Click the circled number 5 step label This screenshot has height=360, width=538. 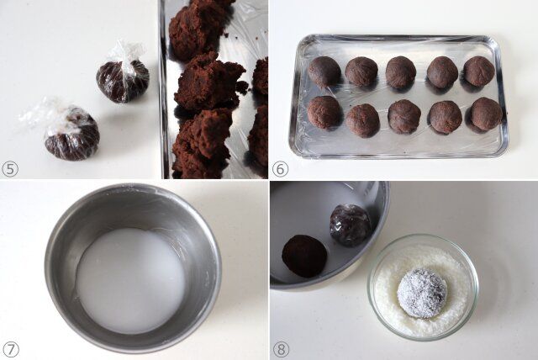(x=10, y=169)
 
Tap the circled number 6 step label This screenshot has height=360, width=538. (x=280, y=169)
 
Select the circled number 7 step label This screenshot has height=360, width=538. (x=10, y=350)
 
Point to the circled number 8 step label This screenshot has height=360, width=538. (x=281, y=350)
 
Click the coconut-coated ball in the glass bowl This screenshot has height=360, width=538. (x=422, y=293)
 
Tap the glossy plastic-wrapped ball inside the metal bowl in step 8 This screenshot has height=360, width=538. (x=351, y=225)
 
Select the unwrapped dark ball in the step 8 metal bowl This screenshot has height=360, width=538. (x=304, y=256)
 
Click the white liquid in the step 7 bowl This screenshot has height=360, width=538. (x=131, y=280)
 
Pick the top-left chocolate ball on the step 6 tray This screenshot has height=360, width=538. (x=324, y=71)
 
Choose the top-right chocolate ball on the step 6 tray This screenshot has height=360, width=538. (x=479, y=71)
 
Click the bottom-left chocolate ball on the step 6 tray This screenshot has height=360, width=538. (x=324, y=112)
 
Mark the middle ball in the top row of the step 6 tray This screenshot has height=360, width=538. (x=401, y=72)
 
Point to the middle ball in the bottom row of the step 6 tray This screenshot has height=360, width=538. (x=404, y=117)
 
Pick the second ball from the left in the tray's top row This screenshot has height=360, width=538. (x=361, y=71)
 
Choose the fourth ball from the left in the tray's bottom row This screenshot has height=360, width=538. (x=446, y=118)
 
